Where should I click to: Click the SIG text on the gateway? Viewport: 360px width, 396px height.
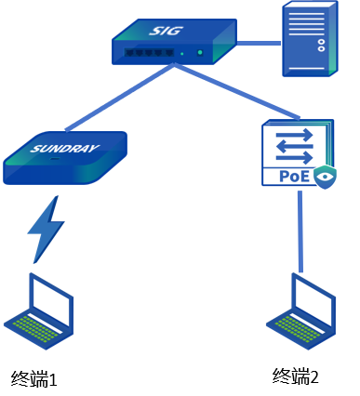(166, 31)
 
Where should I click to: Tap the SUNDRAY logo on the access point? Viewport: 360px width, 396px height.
(64, 149)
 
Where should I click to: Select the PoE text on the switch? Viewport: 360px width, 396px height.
(294, 176)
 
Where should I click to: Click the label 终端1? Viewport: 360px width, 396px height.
(34, 378)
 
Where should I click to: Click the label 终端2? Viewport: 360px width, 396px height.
(296, 376)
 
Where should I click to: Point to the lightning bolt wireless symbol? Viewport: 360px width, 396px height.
(47, 230)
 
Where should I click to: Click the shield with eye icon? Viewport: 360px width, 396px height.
(325, 177)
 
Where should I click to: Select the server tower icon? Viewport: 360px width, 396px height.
(310, 38)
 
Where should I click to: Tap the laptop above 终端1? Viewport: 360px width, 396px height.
(39, 311)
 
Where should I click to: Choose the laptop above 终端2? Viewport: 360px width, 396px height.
(301, 311)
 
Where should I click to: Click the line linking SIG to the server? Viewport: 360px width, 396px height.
(259, 43)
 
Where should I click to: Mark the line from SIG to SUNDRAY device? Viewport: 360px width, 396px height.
(120, 97)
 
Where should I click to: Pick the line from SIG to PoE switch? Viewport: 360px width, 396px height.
(237, 91)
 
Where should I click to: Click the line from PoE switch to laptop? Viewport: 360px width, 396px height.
(300, 231)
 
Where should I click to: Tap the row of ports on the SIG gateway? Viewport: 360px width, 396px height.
(149, 52)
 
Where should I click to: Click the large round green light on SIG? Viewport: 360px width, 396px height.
(200, 53)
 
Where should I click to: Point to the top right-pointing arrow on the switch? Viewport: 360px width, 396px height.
(295, 135)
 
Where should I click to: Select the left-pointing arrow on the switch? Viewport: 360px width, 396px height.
(295, 146)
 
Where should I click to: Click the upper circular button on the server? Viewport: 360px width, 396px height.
(321, 42)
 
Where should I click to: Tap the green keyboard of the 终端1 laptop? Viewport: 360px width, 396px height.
(34, 328)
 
